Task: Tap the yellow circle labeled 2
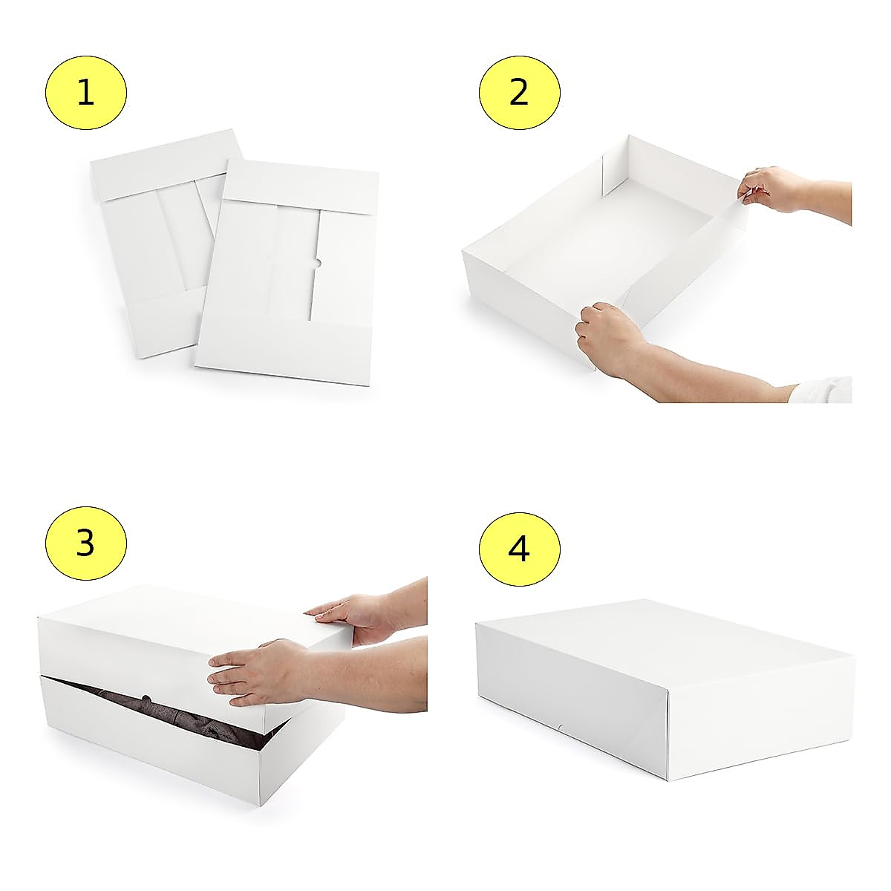pos(519,93)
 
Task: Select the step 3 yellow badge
pos(85,543)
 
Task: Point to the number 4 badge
pos(519,549)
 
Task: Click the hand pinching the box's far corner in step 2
pos(772,189)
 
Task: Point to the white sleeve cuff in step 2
pos(824,390)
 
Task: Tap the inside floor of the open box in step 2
pos(609,245)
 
